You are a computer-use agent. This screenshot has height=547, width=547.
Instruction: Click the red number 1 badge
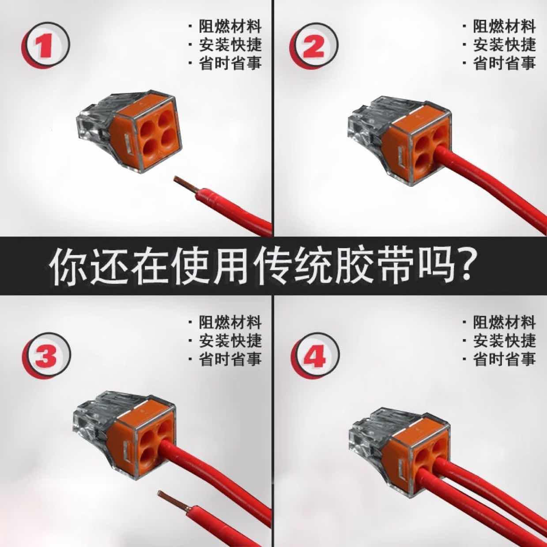click(46, 45)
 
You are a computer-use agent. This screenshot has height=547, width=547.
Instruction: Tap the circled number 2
click(314, 45)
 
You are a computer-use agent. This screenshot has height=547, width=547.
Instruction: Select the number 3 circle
click(46, 355)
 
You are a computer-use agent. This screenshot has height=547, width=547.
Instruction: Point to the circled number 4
click(315, 356)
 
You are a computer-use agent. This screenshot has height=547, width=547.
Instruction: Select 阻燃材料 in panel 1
click(230, 26)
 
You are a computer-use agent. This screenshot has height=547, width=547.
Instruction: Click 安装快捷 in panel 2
click(505, 45)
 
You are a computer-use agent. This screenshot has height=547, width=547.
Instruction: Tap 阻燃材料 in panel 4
click(505, 322)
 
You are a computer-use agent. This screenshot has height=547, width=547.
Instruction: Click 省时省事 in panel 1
click(230, 63)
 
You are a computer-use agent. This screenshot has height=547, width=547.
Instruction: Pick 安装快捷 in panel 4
click(505, 340)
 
